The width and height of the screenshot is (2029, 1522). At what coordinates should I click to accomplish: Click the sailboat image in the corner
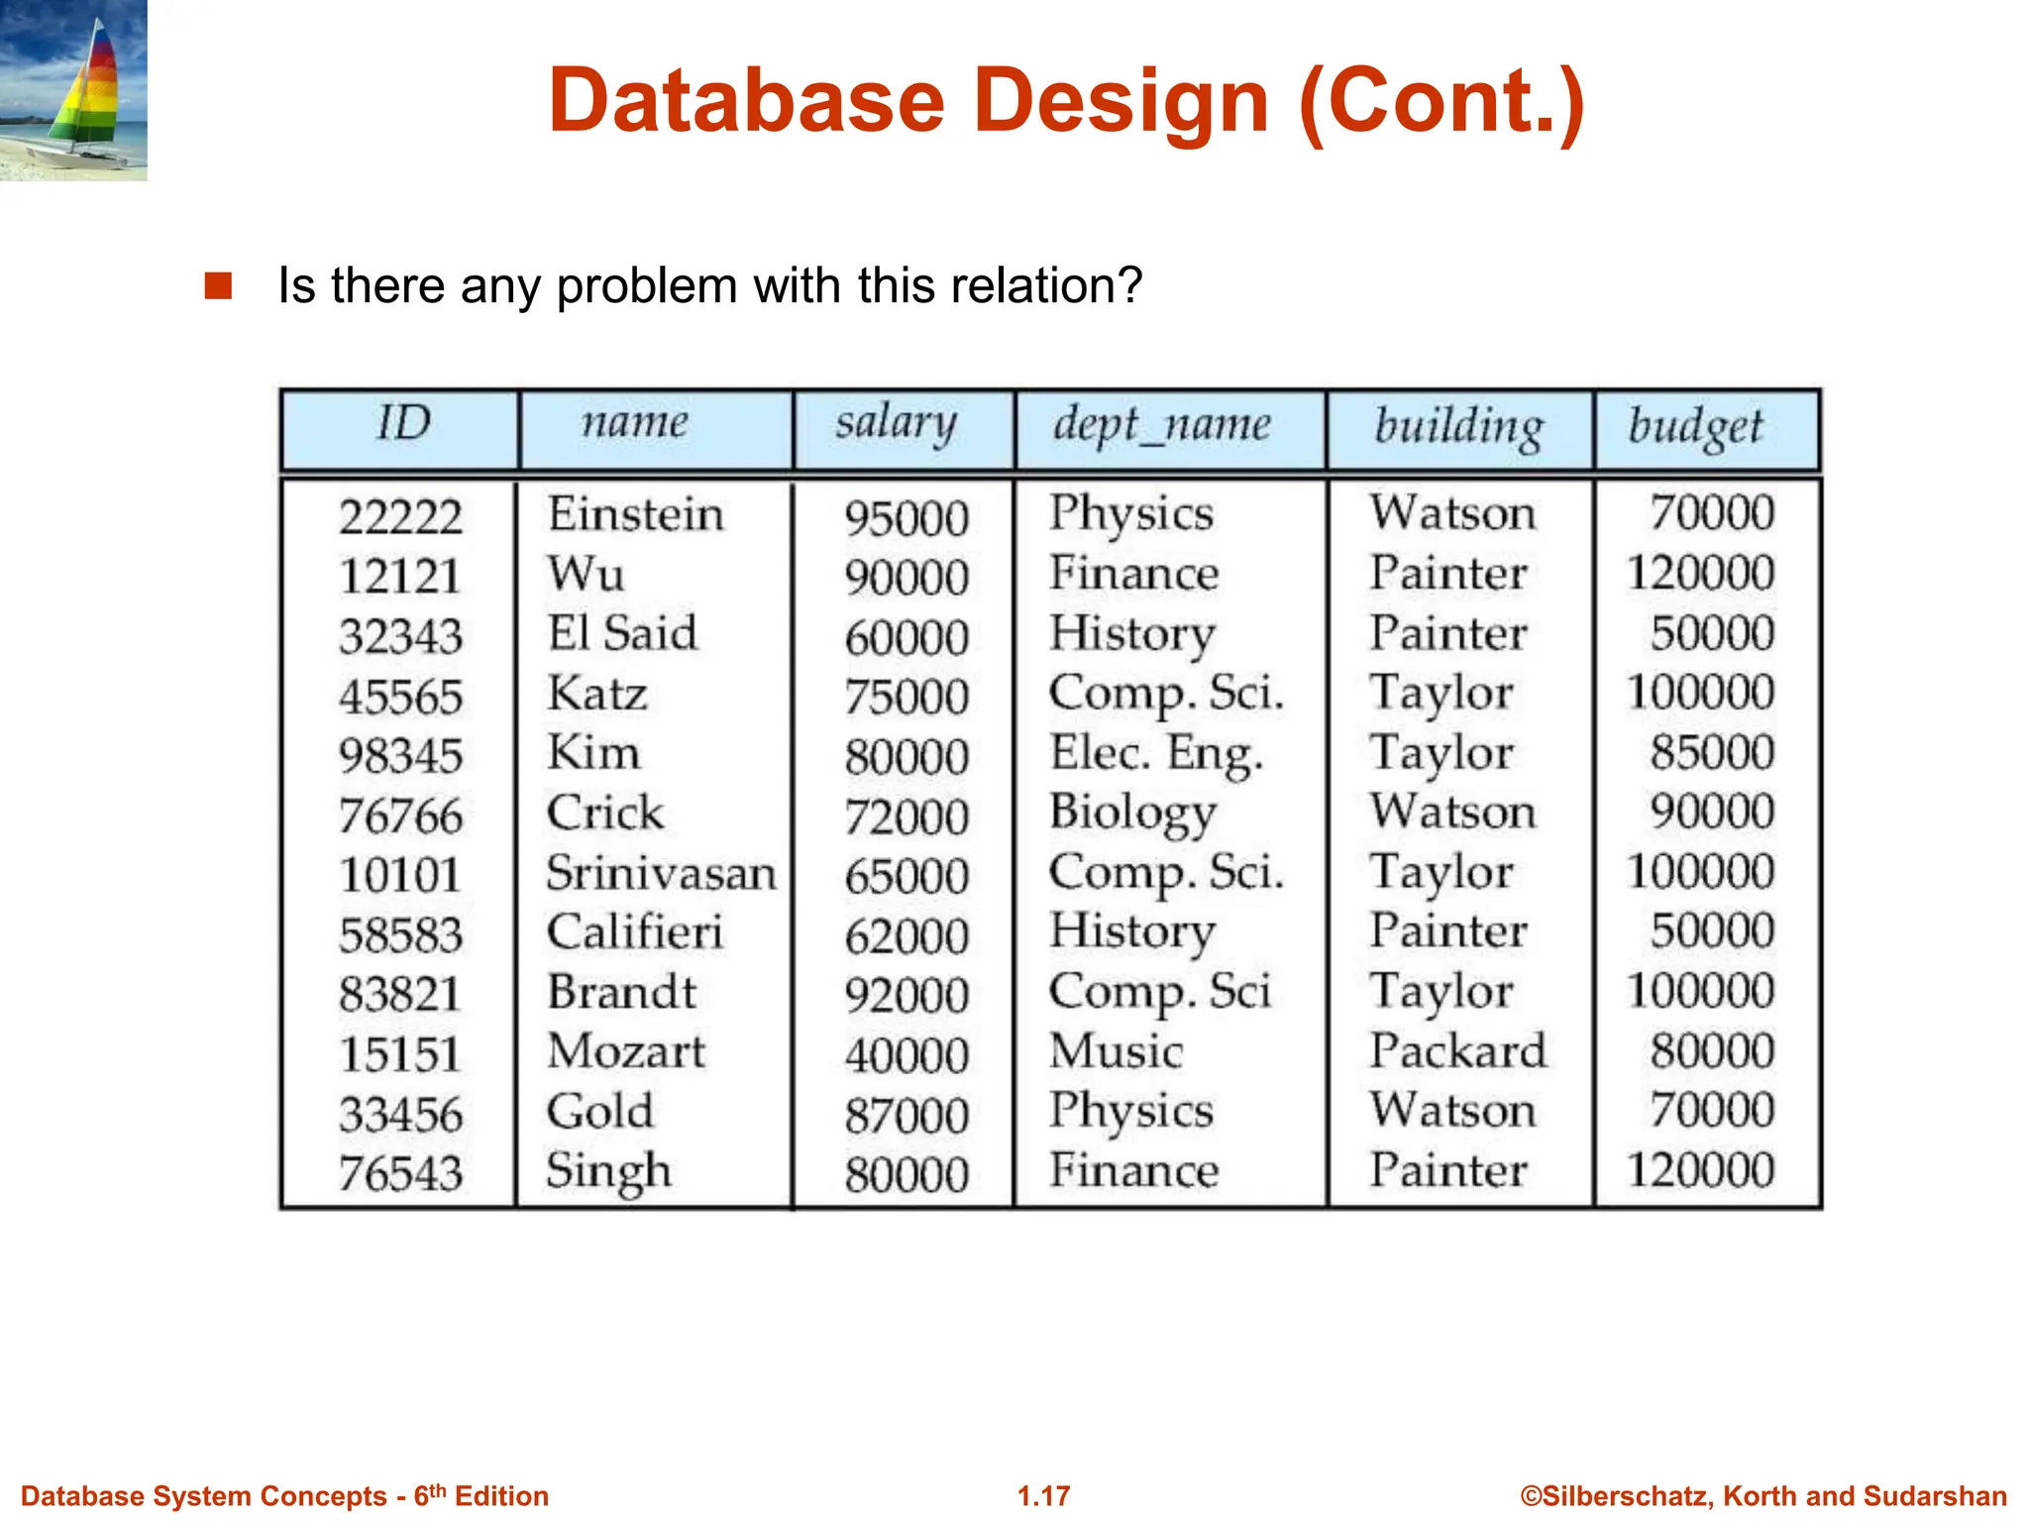[x=73, y=90]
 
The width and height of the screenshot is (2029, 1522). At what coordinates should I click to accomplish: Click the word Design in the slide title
[x=1121, y=101]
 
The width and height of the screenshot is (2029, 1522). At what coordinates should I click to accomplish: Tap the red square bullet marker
[x=218, y=286]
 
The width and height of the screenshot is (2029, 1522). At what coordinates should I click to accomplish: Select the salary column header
[x=896, y=424]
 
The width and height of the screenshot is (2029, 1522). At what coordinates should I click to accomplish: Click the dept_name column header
[x=1161, y=426]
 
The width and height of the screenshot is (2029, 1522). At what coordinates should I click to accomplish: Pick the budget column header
[x=1695, y=428]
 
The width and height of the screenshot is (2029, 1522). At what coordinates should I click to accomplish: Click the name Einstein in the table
[x=635, y=514]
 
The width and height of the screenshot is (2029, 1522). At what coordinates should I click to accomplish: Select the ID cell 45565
[x=400, y=697]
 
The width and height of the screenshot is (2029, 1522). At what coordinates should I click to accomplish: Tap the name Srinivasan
[x=661, y=873]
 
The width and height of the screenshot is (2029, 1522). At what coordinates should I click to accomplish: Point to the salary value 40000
[x=906, y=1055]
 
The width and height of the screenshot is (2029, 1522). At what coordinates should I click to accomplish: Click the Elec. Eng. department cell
[x=1156, y=754]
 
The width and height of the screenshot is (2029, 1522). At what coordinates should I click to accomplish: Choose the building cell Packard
[x=1457, y=1051]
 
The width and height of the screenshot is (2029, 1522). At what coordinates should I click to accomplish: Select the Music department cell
[x=1116, y=1051]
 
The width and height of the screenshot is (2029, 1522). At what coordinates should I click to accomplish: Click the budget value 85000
[x=1711, y=752]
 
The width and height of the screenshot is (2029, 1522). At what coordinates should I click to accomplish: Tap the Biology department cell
[x=1132, y=814]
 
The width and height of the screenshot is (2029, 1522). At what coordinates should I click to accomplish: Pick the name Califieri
[x=635, y=932]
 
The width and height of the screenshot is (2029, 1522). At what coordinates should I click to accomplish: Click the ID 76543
[x=400, y=1174]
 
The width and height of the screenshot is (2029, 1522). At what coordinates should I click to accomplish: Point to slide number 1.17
[x=1043, y=1496]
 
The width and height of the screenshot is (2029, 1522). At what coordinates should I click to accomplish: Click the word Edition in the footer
[x=501, y=1496]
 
